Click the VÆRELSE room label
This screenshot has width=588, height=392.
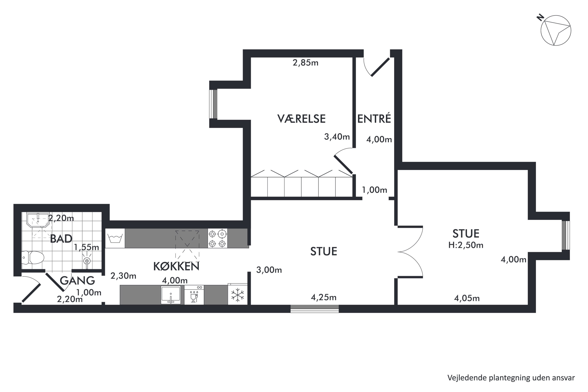(301, 119)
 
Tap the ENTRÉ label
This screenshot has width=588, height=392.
(374, 119)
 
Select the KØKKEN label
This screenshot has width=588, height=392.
(176, 267)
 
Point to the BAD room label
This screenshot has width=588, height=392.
(61, 239)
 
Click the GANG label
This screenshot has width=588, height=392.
(77, 280)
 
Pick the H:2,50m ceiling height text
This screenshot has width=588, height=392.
(466, 245)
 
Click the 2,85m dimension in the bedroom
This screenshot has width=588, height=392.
(306, 63)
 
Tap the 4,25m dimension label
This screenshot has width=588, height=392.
(324, 297)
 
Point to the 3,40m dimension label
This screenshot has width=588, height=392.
(337, 137)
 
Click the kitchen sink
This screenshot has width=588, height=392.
(171, 295)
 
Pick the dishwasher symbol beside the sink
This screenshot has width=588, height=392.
(194, 295)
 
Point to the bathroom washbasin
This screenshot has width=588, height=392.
(38, 220)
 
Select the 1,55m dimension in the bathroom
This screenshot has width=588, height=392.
(86, 247)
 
